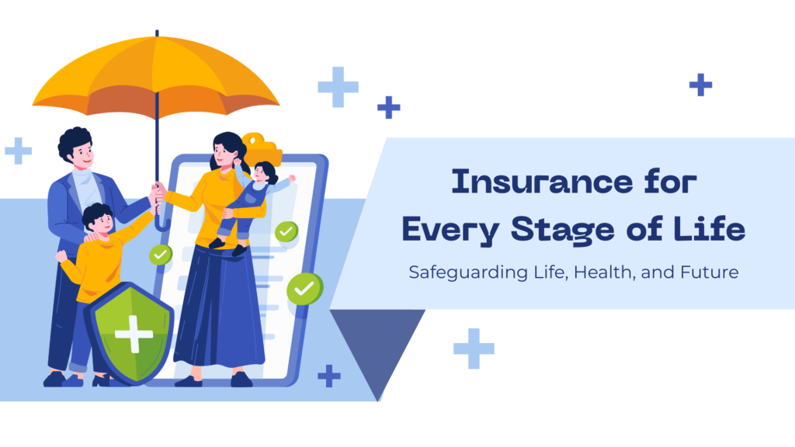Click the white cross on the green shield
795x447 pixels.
133,334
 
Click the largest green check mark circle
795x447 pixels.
304,289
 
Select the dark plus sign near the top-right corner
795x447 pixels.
700,85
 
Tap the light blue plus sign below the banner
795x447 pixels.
474,348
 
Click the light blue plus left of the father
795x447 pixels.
18,151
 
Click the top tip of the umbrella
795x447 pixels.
157,33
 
